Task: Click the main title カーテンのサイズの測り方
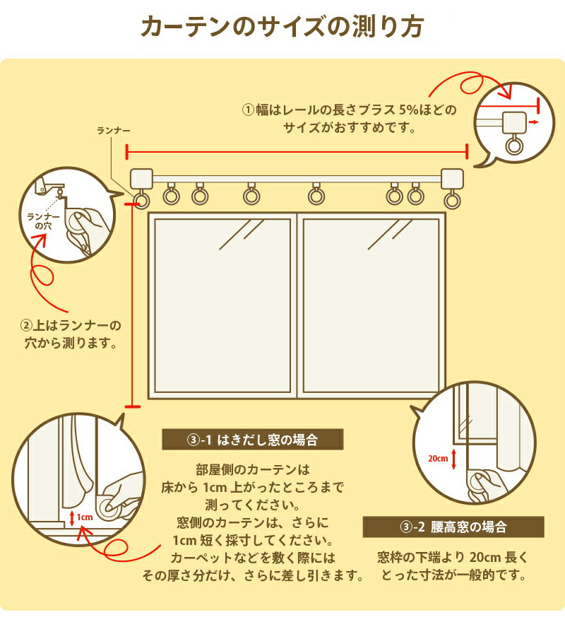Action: click(282, 27)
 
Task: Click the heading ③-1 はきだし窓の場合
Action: click(252, 440)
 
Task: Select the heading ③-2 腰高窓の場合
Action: click(453, 527)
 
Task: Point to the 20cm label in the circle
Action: click(438, 459)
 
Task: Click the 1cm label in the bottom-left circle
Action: click(85, 517)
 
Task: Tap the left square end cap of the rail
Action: click(142, 177)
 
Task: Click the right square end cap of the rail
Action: click(451, 177)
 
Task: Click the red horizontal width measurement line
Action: click(297, 151)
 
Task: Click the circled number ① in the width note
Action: click(248, 110)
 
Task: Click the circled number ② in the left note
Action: click(26, 326)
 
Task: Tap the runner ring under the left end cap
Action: click(141, 201)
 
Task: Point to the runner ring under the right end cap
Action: click(452, 201)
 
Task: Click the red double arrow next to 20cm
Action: click(454, 459)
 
